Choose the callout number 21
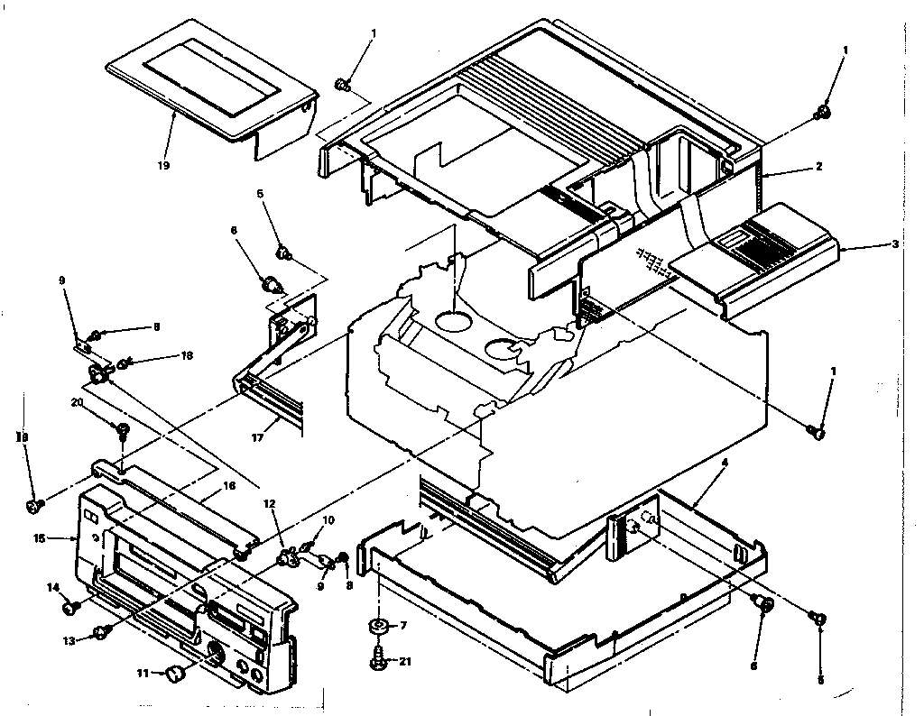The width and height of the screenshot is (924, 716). click(x=405, y=661)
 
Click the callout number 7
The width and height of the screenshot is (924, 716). click(x=403, y=624)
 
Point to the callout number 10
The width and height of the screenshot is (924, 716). click(x=328, y=520)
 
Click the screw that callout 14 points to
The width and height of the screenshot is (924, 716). click(x=69, y=608)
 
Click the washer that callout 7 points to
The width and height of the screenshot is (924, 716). click(x=377, y=625)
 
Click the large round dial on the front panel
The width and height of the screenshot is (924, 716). click(x=217, y=656)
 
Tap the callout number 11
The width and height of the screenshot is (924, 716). click(x=143, y=672)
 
